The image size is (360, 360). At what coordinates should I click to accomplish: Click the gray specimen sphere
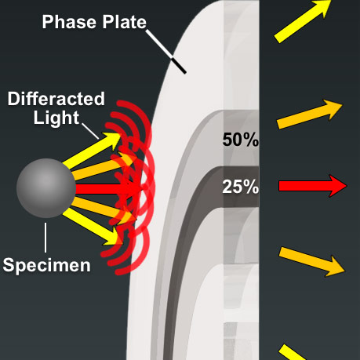click(46, 188)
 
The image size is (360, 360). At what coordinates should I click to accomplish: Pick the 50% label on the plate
click(240, 140)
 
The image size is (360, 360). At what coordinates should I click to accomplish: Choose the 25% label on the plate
click(240, 187)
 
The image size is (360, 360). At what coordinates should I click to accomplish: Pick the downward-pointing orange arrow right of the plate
click(311, 260)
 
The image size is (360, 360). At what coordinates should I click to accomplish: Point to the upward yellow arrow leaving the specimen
click(97, 150)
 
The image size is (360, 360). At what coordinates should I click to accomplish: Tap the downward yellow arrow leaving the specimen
click(97, 225)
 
